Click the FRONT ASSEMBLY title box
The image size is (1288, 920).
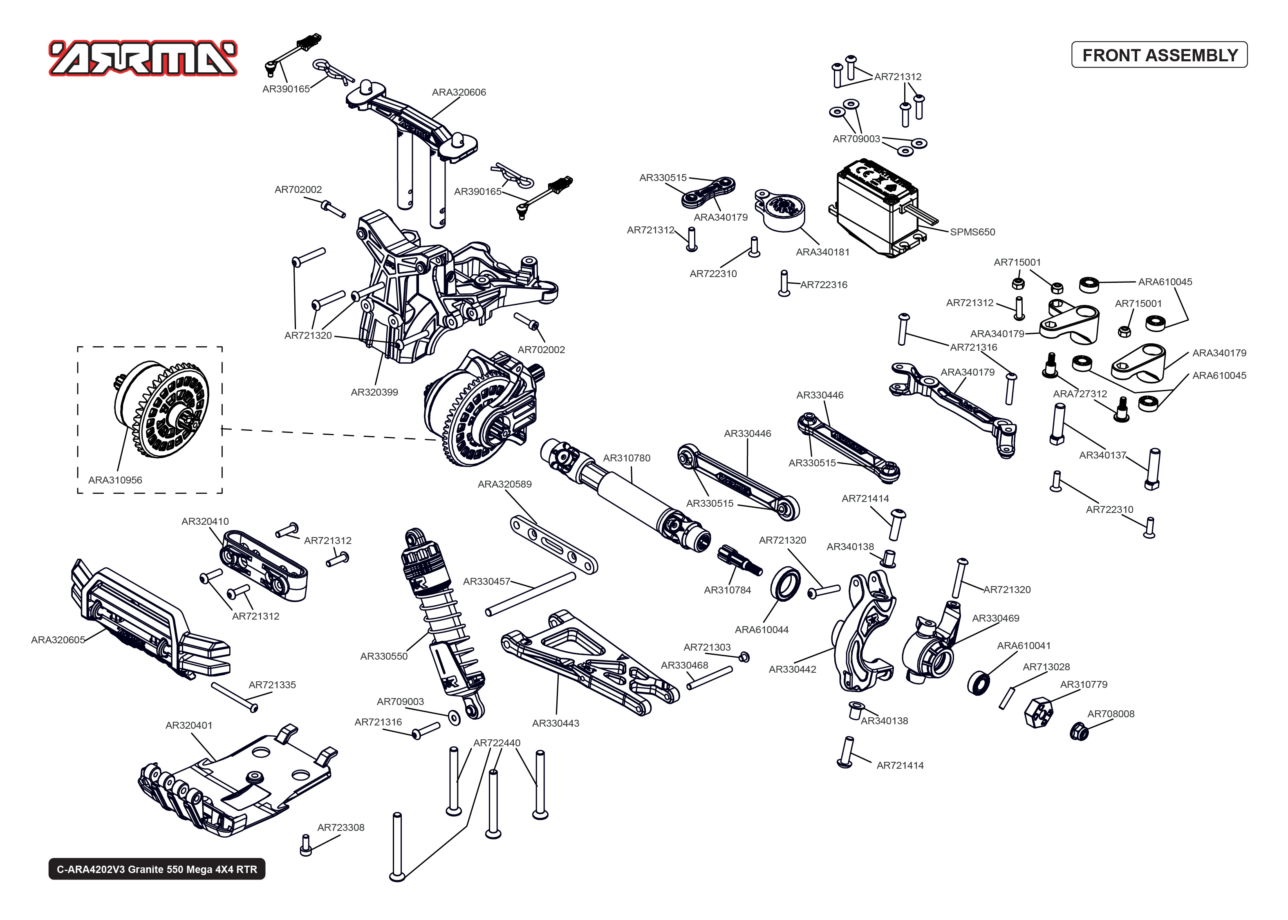click(x=1159, y=55)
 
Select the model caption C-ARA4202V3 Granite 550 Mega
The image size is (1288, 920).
click(x=157, y=869)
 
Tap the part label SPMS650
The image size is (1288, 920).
click(x=972, y=232)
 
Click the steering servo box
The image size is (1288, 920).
click(x=875, y=207)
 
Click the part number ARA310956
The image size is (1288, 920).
click(x=115, y=480)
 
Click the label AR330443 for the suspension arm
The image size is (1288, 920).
click(x=556, y=723)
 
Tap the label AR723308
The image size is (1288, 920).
click(x=340, y=827)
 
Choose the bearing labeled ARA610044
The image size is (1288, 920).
click(x=786, y=583)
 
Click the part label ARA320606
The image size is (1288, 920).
click(x=459, y=92)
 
